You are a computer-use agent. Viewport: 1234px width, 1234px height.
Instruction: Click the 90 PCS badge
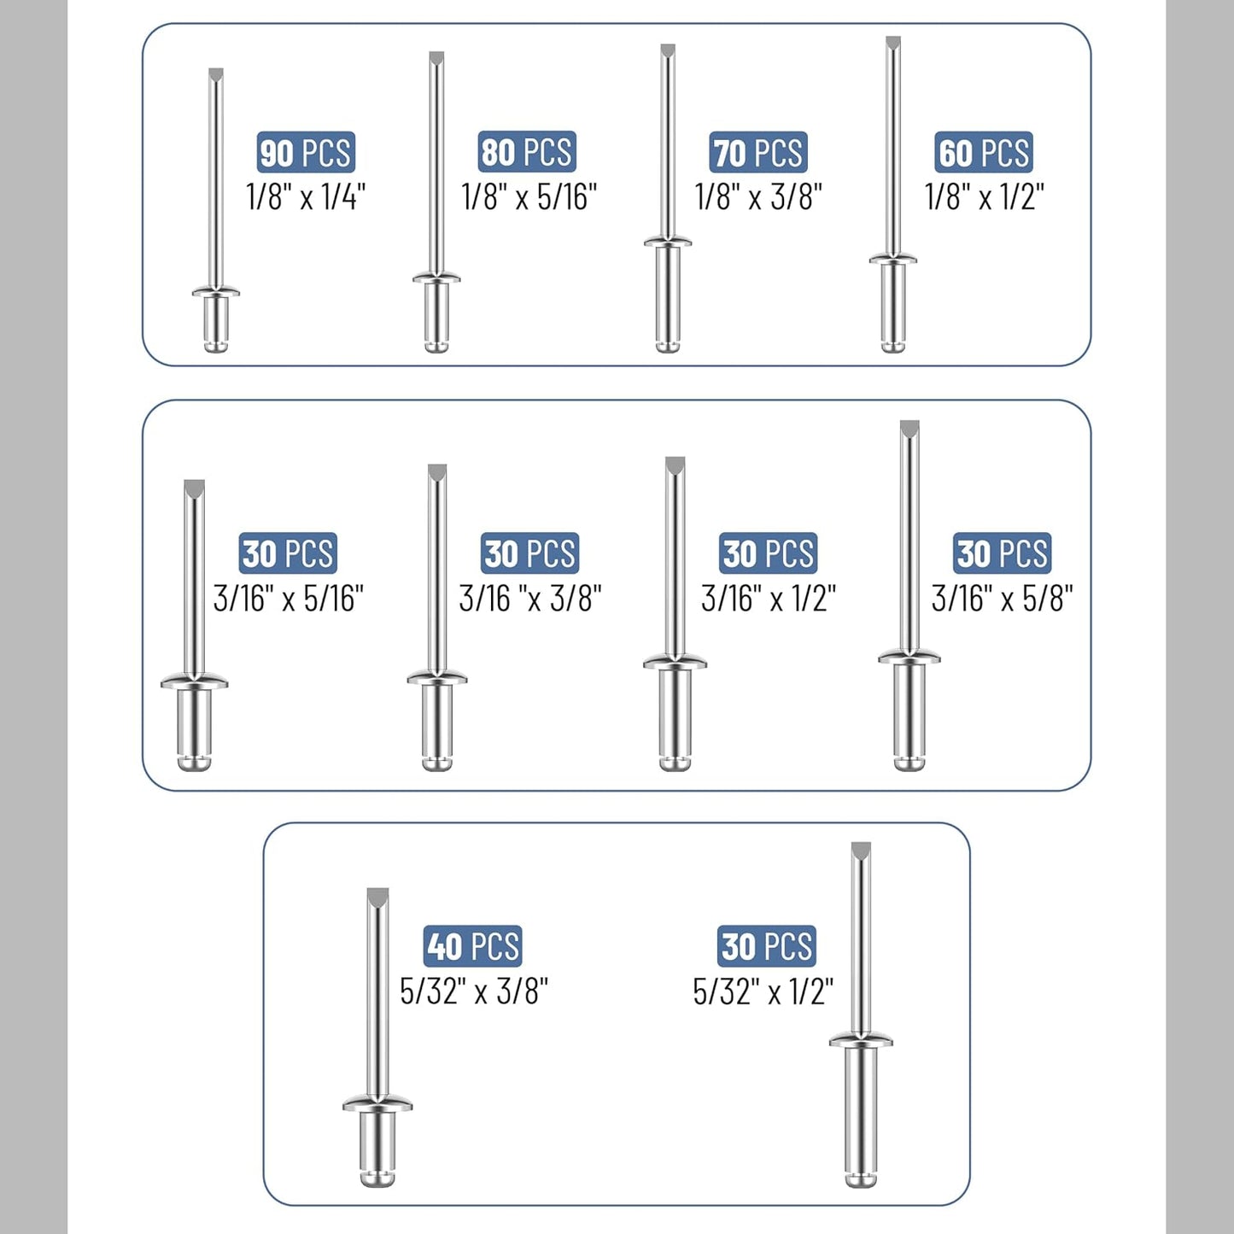click(306, 152)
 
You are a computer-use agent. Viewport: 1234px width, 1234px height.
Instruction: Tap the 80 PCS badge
click(526, 152)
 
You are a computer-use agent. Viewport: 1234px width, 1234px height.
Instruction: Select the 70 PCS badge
click(757, 152)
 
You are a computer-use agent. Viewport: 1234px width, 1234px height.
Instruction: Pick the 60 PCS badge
click(984, 152)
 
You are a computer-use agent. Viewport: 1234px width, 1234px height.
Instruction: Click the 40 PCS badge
click(472, 946)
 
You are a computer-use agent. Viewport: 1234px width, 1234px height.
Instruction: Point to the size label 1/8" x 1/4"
click(306, 196)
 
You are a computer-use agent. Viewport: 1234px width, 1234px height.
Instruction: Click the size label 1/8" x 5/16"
click(529, 196)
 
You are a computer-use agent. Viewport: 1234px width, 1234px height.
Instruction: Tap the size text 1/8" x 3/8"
click(758, 196)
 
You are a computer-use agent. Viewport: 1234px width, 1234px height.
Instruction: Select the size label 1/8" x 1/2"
click(985, 196)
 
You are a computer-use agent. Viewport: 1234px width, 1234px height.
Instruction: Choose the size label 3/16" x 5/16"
click(288, 599)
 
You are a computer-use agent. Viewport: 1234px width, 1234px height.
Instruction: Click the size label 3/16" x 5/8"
click(1003, 599)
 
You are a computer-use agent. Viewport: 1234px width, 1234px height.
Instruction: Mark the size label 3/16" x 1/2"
click(769, 599)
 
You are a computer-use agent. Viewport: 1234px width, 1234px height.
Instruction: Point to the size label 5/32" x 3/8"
click(474, 991)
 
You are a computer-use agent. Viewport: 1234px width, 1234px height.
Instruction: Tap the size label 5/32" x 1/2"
click(763, 991)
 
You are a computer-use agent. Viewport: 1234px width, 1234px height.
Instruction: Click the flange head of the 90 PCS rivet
click(216, 291)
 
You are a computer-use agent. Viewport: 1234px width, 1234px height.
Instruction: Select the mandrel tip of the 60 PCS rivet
click(892, 43)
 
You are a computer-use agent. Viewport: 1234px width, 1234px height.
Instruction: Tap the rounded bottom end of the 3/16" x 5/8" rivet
click(909, 763)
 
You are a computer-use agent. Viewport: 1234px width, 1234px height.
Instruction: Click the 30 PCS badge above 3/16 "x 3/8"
click(529, 553)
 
